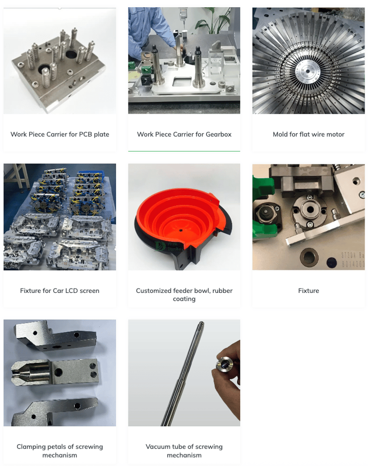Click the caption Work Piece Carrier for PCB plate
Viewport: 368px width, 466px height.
60,134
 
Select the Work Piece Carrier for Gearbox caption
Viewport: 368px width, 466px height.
184,134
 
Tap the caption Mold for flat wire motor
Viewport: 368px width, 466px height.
309,134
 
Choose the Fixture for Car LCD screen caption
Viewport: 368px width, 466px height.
60,291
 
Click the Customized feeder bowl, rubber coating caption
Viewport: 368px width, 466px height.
184,294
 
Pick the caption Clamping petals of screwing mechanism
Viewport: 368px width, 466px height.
60,451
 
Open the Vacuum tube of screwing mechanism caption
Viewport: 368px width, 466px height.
184,451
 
